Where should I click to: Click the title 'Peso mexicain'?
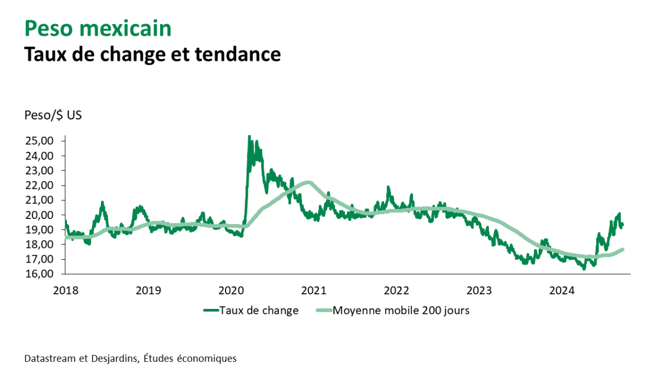point(98,28)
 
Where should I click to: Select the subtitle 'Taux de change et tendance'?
point(152,54)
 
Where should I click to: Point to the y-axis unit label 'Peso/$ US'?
point(54,116)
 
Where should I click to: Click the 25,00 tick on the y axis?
point(39,141)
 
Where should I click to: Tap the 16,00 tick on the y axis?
point(39,274)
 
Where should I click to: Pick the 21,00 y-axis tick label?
point(39,200)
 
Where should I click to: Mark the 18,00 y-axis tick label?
point(39,245)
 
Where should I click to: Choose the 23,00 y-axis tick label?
point(39,170)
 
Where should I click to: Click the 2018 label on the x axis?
point(66,290)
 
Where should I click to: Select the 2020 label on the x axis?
point(231,290)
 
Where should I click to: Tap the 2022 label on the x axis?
point(397,290)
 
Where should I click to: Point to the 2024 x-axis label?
point(562,290)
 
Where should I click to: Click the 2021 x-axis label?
point(314,290)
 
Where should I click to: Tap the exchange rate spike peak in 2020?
point(249,136)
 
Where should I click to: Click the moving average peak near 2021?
point(308,182)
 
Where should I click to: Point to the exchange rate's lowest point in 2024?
point(584,269)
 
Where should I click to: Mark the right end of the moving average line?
point(623,249)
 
